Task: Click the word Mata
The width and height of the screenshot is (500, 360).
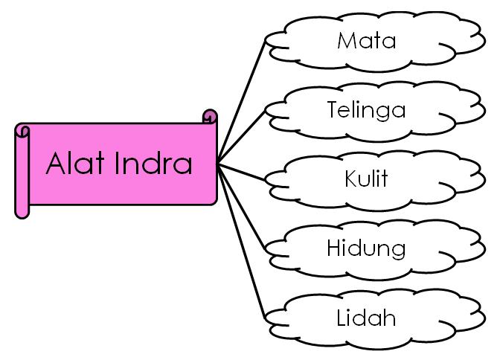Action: pos(366,40)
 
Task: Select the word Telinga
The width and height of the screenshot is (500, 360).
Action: pos(366,110)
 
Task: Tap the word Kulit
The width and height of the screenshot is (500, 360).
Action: pos(366,179)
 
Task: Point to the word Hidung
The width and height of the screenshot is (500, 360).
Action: pos(366,248)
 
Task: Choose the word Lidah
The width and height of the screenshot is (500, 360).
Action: pos(366,318)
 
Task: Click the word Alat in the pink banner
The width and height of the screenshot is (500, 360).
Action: pos(76,163)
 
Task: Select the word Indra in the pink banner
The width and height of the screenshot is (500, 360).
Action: pos(153,163)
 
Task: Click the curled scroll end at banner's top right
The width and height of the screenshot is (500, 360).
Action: pos(210,117)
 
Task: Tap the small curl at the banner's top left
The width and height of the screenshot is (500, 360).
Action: pos(22,132)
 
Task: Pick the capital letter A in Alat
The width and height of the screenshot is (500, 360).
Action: pos(57,163)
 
